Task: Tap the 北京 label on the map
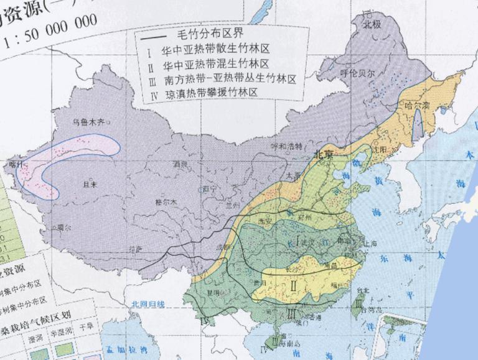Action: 324,154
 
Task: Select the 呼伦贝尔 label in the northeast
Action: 358,72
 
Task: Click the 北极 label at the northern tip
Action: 372,24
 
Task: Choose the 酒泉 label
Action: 180,164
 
